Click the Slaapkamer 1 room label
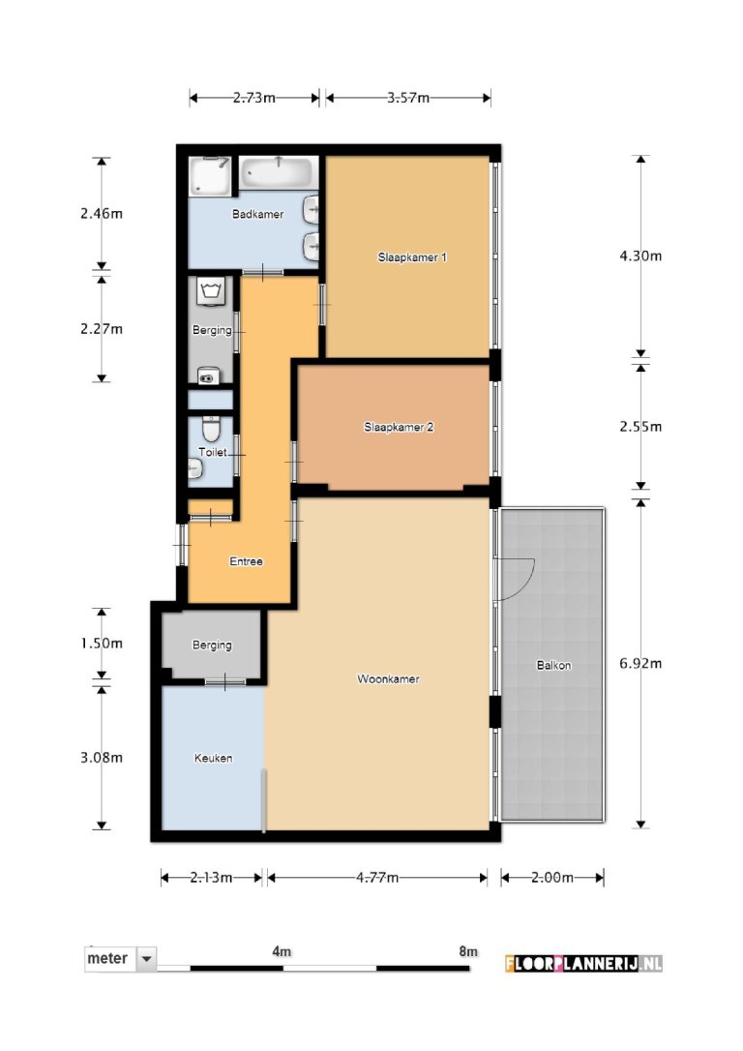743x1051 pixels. tap(411, 257)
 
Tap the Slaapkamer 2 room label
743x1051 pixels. tap(398, 426)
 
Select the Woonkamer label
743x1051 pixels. tap(387, 679)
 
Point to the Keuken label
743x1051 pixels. tap(213, 758)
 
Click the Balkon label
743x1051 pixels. tap(552, 666)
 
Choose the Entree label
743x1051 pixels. tap(246, 561)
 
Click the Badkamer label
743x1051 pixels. tap(257, 214)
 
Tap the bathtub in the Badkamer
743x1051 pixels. tap(278, 173)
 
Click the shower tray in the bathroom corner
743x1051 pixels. tap(210, 175)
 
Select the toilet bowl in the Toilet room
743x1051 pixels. tap(210, 429)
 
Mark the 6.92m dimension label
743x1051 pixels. tap(639, 664)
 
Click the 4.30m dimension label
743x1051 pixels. tap(639, 256)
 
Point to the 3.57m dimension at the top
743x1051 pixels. tap(408, 98)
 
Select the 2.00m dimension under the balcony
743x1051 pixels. tap(552, 878)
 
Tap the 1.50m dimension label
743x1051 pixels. tap(102, 644)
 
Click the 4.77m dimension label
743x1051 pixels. tap(376, 878)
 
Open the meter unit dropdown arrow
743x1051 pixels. tap(147, 958)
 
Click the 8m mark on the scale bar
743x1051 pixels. tap(468, 952)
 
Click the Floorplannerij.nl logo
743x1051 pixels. tap(583, 963)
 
